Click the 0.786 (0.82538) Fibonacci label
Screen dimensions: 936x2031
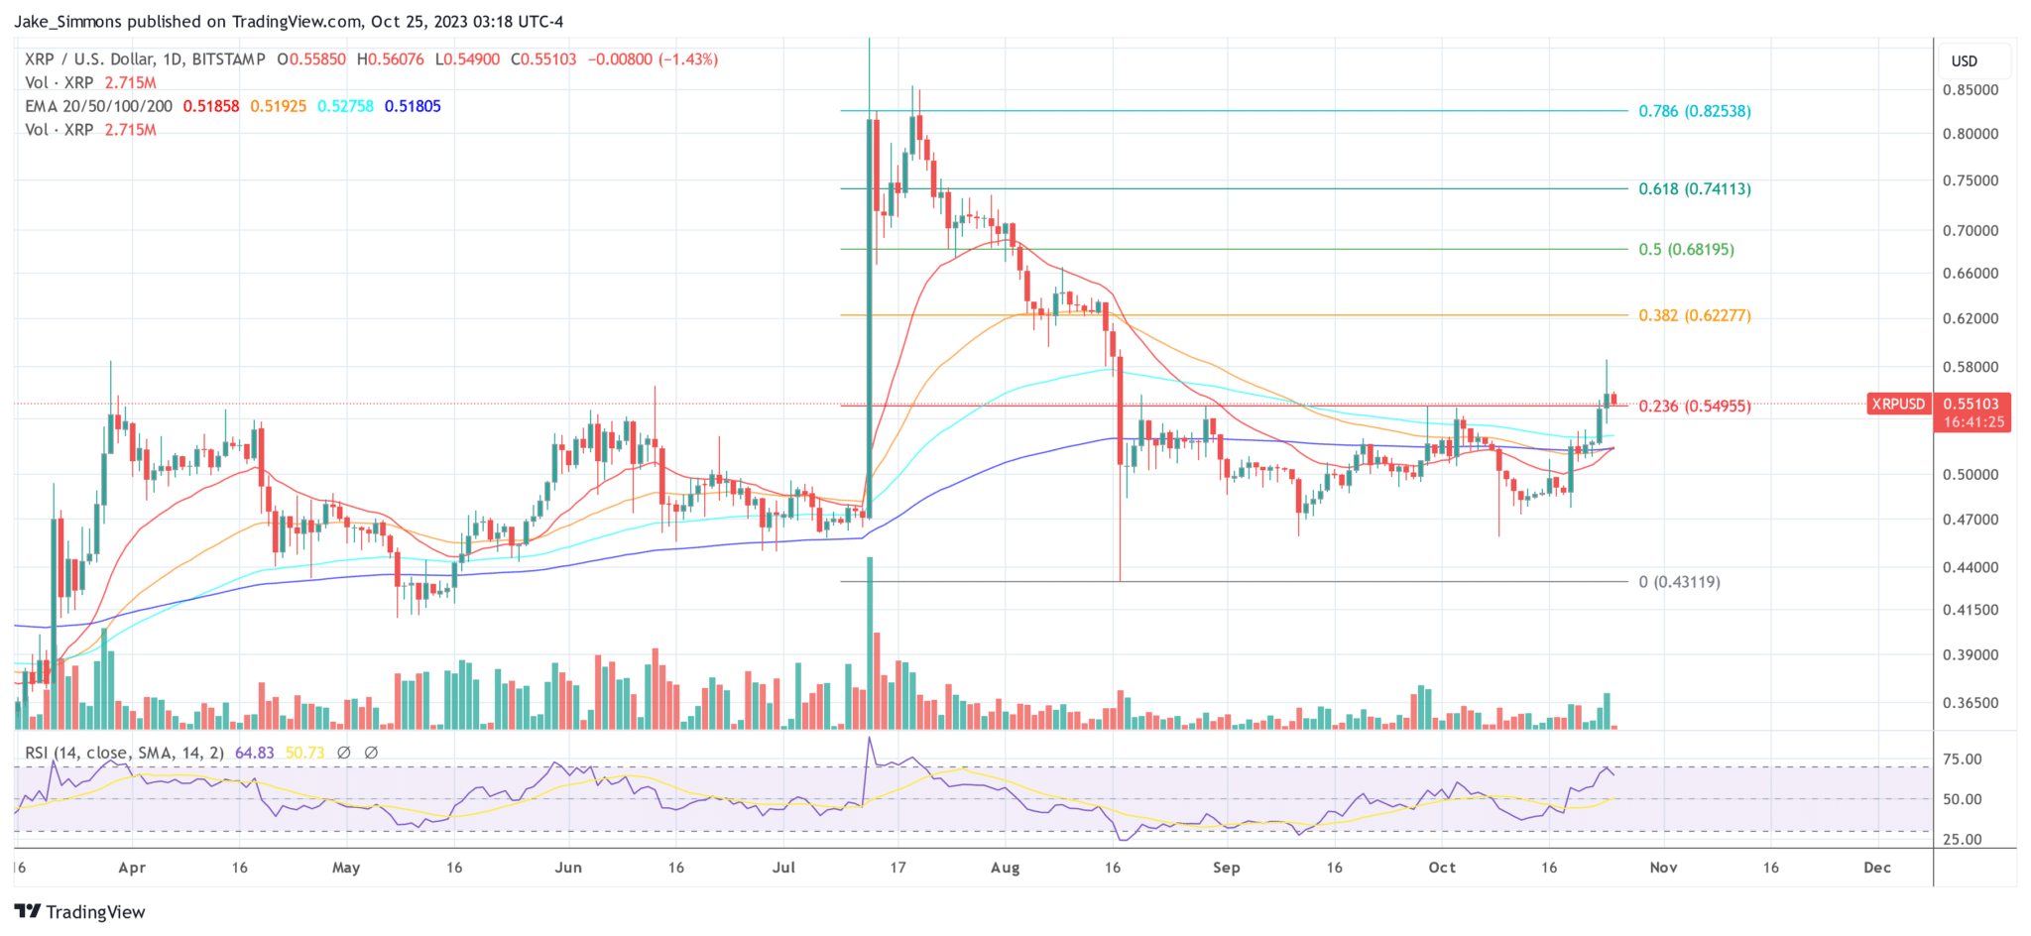point(1694,111)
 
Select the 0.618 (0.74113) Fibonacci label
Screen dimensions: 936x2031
point(1694,188)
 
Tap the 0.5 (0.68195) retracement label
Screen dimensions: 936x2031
point(1686,249)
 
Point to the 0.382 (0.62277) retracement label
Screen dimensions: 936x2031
point(1694,315)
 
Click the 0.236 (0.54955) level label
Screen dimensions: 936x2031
point(1694,406)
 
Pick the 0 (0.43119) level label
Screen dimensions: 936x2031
point(1679,582)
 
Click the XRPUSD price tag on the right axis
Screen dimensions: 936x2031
point(1897,404)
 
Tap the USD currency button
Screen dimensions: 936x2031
point(1964,60)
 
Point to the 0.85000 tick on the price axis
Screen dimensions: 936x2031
point(1970,89)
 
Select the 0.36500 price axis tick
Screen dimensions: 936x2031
point(1970,703)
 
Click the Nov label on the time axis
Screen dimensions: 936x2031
point(1663,868)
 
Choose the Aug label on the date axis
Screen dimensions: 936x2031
point(1005,868)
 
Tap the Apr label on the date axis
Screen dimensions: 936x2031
point(132,868)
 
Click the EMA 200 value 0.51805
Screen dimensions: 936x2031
point(413,106)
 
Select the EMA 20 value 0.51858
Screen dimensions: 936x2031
point(211,106)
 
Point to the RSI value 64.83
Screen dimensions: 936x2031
point(254,753)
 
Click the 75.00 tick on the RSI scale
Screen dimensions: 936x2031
point(1962,760)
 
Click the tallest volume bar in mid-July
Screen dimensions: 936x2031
point(870,644)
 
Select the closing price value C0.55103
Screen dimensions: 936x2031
point(543,59)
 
